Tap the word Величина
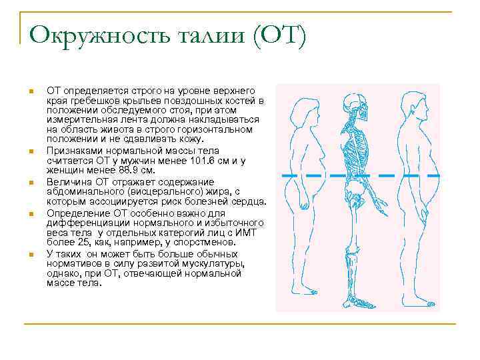pos(68,182)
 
